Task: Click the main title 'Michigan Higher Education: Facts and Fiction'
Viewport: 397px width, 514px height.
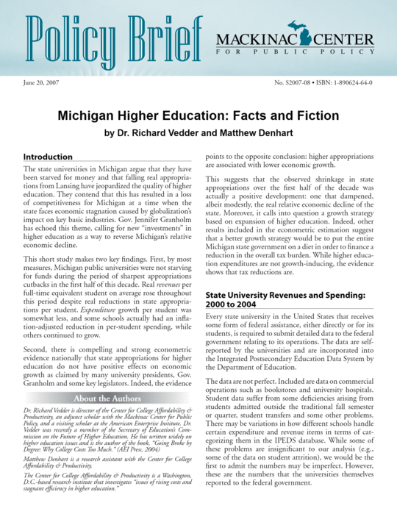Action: coord(198,116)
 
